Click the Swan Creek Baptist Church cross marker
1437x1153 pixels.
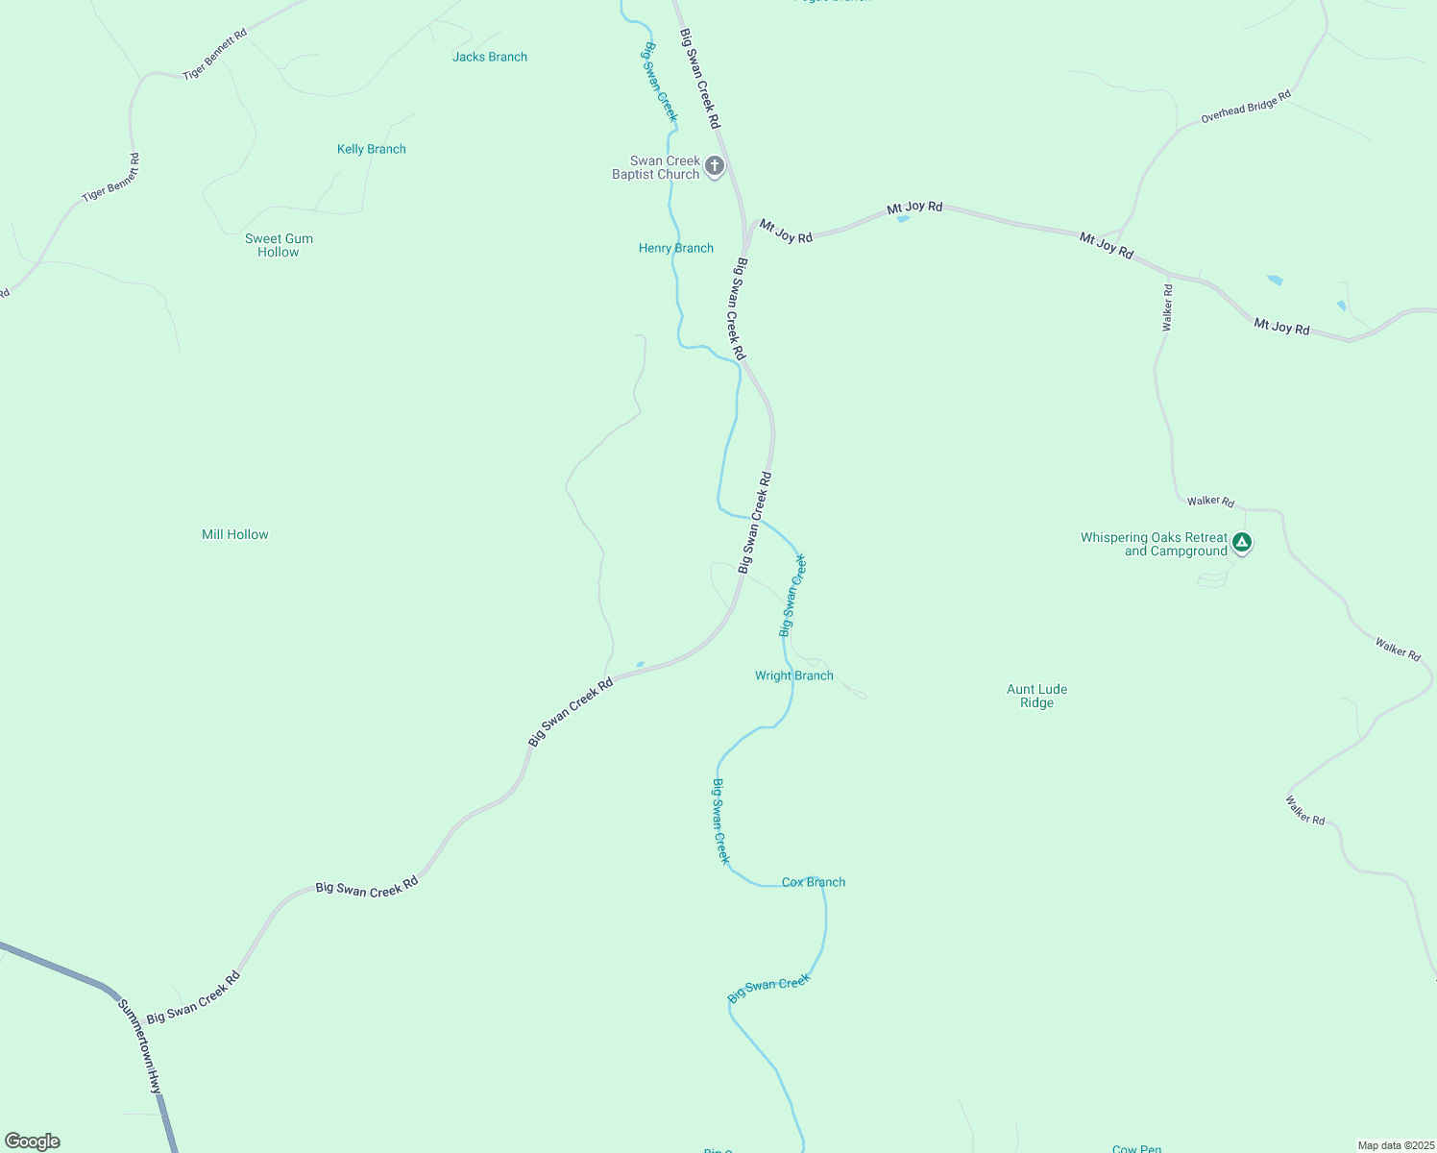tap(714, 166)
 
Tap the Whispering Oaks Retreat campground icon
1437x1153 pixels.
tap(1242, 544)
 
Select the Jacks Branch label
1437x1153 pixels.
tap(490, 57)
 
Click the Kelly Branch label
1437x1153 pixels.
tap(372, 149)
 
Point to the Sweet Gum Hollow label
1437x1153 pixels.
tap(279, 245)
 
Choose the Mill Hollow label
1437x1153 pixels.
tap(235, 534)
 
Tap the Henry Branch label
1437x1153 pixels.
tap(676, 248)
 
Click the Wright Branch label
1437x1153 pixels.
tap(794, 675)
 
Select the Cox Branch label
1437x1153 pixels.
tap(814, 882)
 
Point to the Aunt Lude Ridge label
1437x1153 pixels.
tap(1037, 696)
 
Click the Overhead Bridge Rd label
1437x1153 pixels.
tap(1246, 108)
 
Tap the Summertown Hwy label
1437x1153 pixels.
tap(140, 1045)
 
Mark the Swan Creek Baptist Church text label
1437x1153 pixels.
tap(657, 168)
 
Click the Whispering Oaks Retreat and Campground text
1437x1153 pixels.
tap(1154, 544)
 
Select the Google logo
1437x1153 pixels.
tap(32, 1141)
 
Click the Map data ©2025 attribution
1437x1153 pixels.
tap(1395, 1145)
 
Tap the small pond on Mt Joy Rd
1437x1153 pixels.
tap(903, 219)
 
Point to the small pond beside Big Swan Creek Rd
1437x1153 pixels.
tap(640, 664)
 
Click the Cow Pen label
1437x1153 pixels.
tap(1137, 1149)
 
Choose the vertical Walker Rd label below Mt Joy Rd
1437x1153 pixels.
tap(1168, 308)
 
